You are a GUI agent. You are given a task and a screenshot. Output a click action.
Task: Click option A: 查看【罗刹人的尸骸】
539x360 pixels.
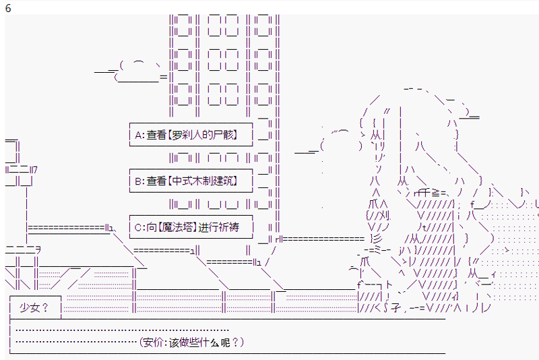[x=191, y=135]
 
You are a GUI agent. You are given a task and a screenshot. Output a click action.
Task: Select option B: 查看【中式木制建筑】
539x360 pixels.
[x=191, y=181]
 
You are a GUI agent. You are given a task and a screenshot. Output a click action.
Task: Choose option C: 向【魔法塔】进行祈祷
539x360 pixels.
[x=191, y=228]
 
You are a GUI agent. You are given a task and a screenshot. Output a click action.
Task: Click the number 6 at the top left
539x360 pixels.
[x=8, y=8]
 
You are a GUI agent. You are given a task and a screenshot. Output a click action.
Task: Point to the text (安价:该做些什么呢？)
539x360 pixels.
[x=192, y=342]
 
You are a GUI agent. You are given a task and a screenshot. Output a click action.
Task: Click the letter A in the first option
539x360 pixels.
[x=138, y=135]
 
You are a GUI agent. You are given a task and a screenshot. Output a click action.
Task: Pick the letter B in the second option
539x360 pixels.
[x=138, y=181]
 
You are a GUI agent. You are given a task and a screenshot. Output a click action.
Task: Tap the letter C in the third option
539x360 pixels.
[x=138, y=228]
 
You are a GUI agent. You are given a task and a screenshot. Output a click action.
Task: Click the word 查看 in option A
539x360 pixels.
[x=156, y=135]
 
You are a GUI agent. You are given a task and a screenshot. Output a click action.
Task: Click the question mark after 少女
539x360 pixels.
[x=45, y=308]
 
